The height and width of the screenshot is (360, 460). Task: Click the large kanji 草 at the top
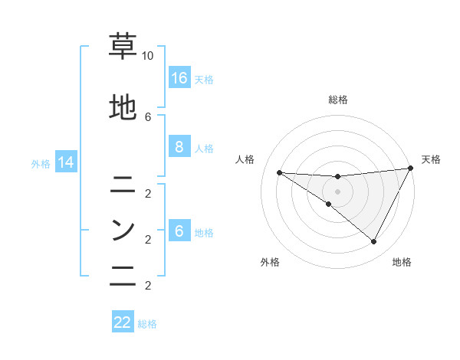122,47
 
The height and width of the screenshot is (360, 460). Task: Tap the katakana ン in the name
122,229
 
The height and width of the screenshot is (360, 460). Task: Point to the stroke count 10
148,57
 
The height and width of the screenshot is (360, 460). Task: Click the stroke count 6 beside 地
148,116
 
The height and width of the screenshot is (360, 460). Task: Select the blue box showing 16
179,78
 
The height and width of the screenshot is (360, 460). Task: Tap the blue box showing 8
179,147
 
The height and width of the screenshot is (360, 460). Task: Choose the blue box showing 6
179,232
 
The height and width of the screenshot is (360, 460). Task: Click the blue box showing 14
65,162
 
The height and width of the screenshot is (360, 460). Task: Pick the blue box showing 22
123,322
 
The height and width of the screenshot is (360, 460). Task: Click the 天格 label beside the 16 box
204,79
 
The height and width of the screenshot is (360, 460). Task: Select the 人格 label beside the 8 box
204,148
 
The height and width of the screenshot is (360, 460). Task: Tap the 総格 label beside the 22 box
147,323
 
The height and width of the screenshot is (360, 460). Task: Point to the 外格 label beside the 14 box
41,163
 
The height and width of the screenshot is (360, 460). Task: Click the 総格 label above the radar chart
337,100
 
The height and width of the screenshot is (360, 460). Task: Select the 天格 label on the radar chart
431,159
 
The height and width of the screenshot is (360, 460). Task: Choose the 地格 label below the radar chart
402,263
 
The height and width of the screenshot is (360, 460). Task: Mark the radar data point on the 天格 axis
409,169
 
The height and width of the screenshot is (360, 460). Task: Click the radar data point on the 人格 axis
279,172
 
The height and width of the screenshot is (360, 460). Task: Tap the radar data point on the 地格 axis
373,242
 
